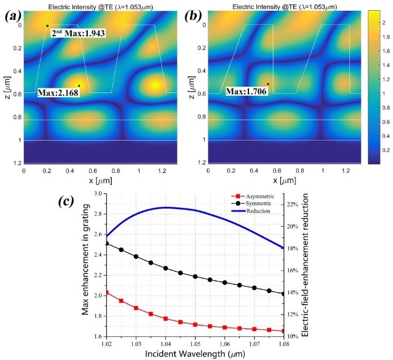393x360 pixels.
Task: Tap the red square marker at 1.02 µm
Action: [x=106, y=293]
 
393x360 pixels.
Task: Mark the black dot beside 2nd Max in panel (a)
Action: [x=47, y=26]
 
